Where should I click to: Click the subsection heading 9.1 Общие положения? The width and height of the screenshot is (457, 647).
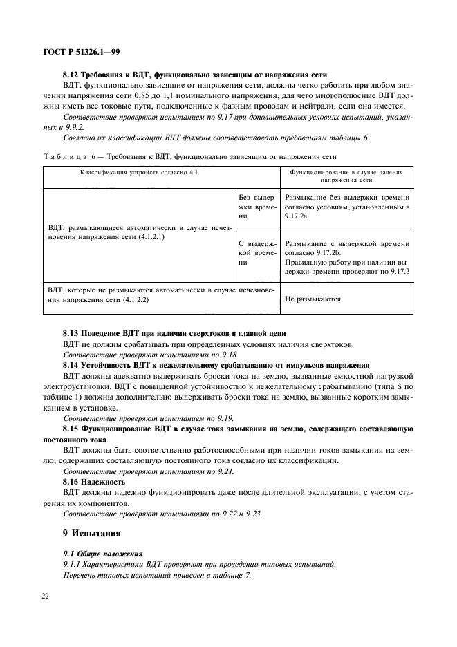(102, 554)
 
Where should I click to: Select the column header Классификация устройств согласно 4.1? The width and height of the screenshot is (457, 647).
(139, 171)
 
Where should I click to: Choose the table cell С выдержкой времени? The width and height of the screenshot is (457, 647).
(257, 253)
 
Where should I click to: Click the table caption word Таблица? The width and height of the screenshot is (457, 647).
(68, 156)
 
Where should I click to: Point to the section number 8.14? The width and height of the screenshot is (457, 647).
(72, 365)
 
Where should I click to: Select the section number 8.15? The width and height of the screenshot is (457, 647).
(72, 429)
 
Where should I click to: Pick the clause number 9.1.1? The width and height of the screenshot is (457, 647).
(73, 565)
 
